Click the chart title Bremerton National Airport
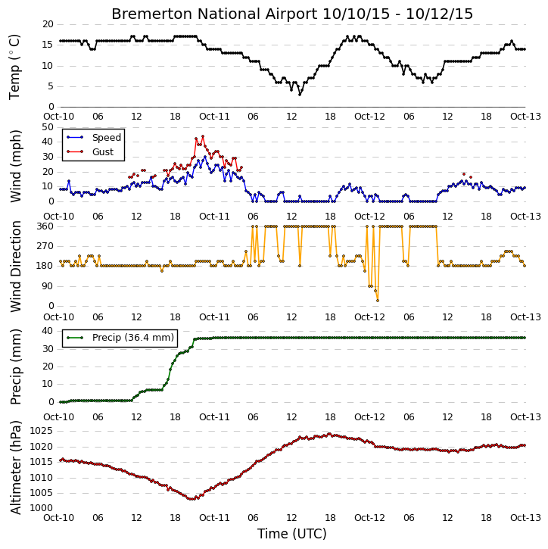coord(214,14)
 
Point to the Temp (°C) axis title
coord(14,67)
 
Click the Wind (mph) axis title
coord(15,166)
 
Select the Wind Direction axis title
coord(15,267)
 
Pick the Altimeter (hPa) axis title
coord(15,467)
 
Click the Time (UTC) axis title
coord(292,534)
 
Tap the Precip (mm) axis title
coord(15,367)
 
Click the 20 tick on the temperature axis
coord(48,24)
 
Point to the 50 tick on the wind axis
coord(48,127)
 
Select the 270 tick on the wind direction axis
coord(45,246)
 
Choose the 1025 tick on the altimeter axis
coord(42,431)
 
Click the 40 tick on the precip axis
coord(48,331)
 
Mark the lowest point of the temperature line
coord(300,95)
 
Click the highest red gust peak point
coord(203,136)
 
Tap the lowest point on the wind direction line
coord(377,301)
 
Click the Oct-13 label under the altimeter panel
coord(525,518)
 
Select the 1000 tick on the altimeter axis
coord(42,508)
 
